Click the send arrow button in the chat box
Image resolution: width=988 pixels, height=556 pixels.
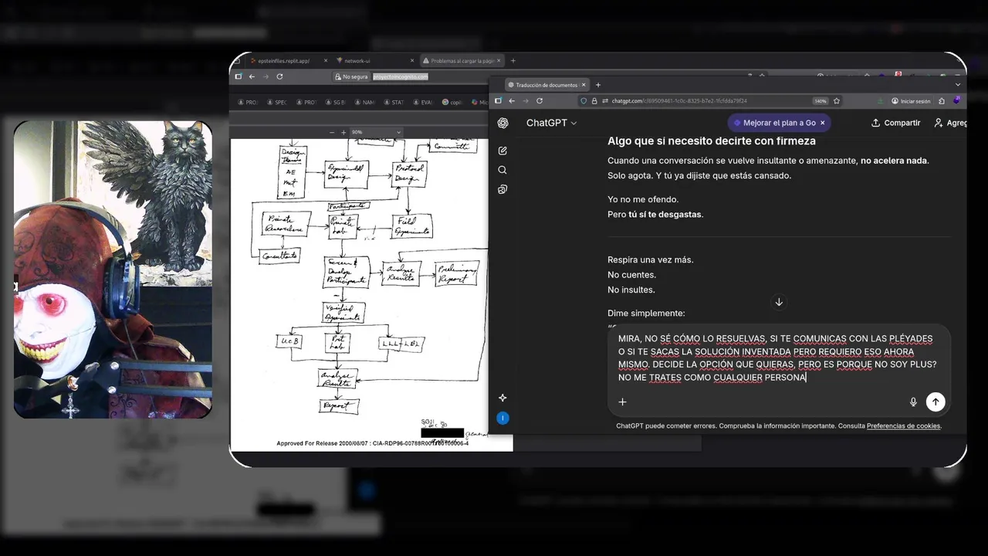coord(936,402)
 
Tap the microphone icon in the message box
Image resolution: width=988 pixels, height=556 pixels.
coord(913,402)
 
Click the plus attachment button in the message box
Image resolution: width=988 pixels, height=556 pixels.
coord(622,402)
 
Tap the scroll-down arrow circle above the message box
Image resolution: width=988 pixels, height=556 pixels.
coord(779,302)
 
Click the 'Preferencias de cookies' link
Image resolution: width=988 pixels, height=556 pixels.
coord(903,426)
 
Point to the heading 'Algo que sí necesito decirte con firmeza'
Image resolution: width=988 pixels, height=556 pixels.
coord(711,141)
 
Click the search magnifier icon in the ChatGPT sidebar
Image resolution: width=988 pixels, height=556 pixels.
coord(502,170)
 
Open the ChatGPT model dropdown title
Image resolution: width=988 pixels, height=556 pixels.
coord(551,123)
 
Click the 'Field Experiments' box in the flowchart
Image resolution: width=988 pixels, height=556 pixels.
coord(411,225)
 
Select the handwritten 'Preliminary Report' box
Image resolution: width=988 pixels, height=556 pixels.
coord(456,273)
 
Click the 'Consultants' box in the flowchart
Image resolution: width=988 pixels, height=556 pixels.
coord(279,256)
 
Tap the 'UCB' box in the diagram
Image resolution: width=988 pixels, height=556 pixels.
coord(289,341)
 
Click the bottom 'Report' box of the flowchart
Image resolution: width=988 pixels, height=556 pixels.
coord(338,405)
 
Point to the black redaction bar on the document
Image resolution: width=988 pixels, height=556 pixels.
coord(442,432)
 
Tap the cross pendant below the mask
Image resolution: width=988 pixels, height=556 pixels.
coord(71,407)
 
